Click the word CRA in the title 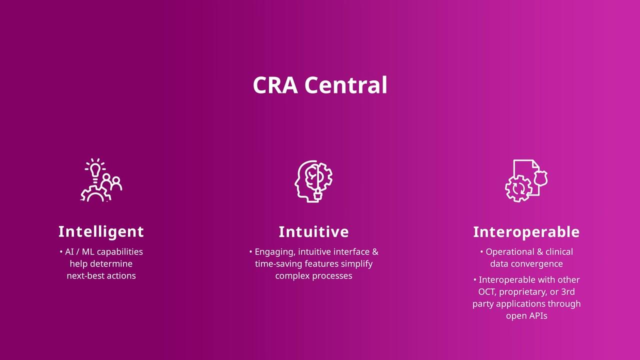(x=275, y=85)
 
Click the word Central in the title (x=346, y=85)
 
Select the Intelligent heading (x=101, y=231)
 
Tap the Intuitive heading (x=313, y=231)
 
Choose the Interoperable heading (x=526, y=232)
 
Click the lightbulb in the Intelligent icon (x=95, y=170)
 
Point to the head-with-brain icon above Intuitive (x=313, y=181)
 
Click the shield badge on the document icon (x=541, y=178)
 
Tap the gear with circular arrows (x=518, y=188)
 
